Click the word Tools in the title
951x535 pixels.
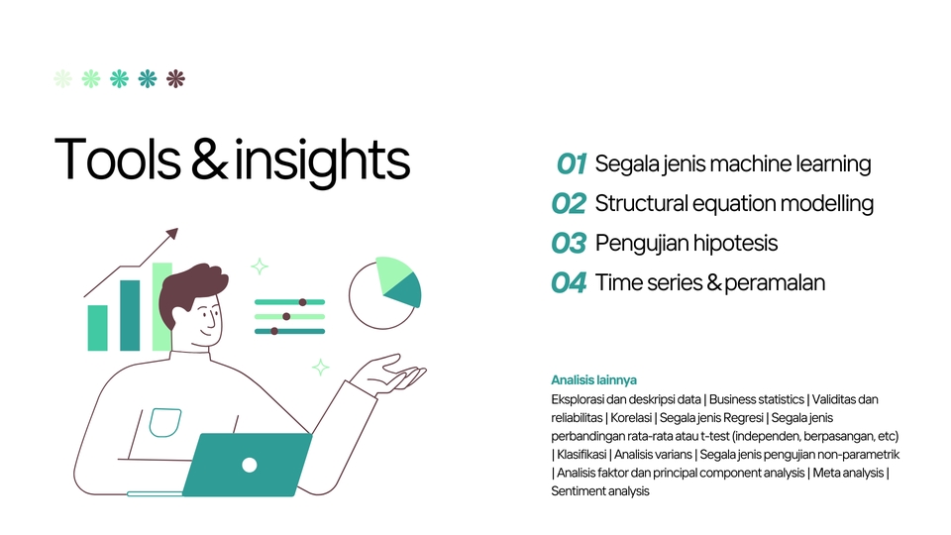pos(116,159)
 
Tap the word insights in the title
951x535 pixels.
pos(322,160)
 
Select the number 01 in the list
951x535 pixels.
pos(572,163)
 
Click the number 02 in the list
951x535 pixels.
pos(570,203)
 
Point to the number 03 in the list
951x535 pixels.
pos(570,243)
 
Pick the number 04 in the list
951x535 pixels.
pos(570,282)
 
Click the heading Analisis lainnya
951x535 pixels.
pos(593,379)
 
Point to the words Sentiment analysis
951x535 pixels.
pos(599,490)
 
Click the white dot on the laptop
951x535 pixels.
pos(250,465)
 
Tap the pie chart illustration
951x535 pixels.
pos(384,292)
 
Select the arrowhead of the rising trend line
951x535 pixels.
pos(172,234)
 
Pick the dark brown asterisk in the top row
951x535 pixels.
pos(175,79)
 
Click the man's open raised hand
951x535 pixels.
pos(391,376)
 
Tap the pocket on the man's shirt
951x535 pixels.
pos(164,423)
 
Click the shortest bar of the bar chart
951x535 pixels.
pos(97,328)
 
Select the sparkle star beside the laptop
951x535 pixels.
pos(320,368)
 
